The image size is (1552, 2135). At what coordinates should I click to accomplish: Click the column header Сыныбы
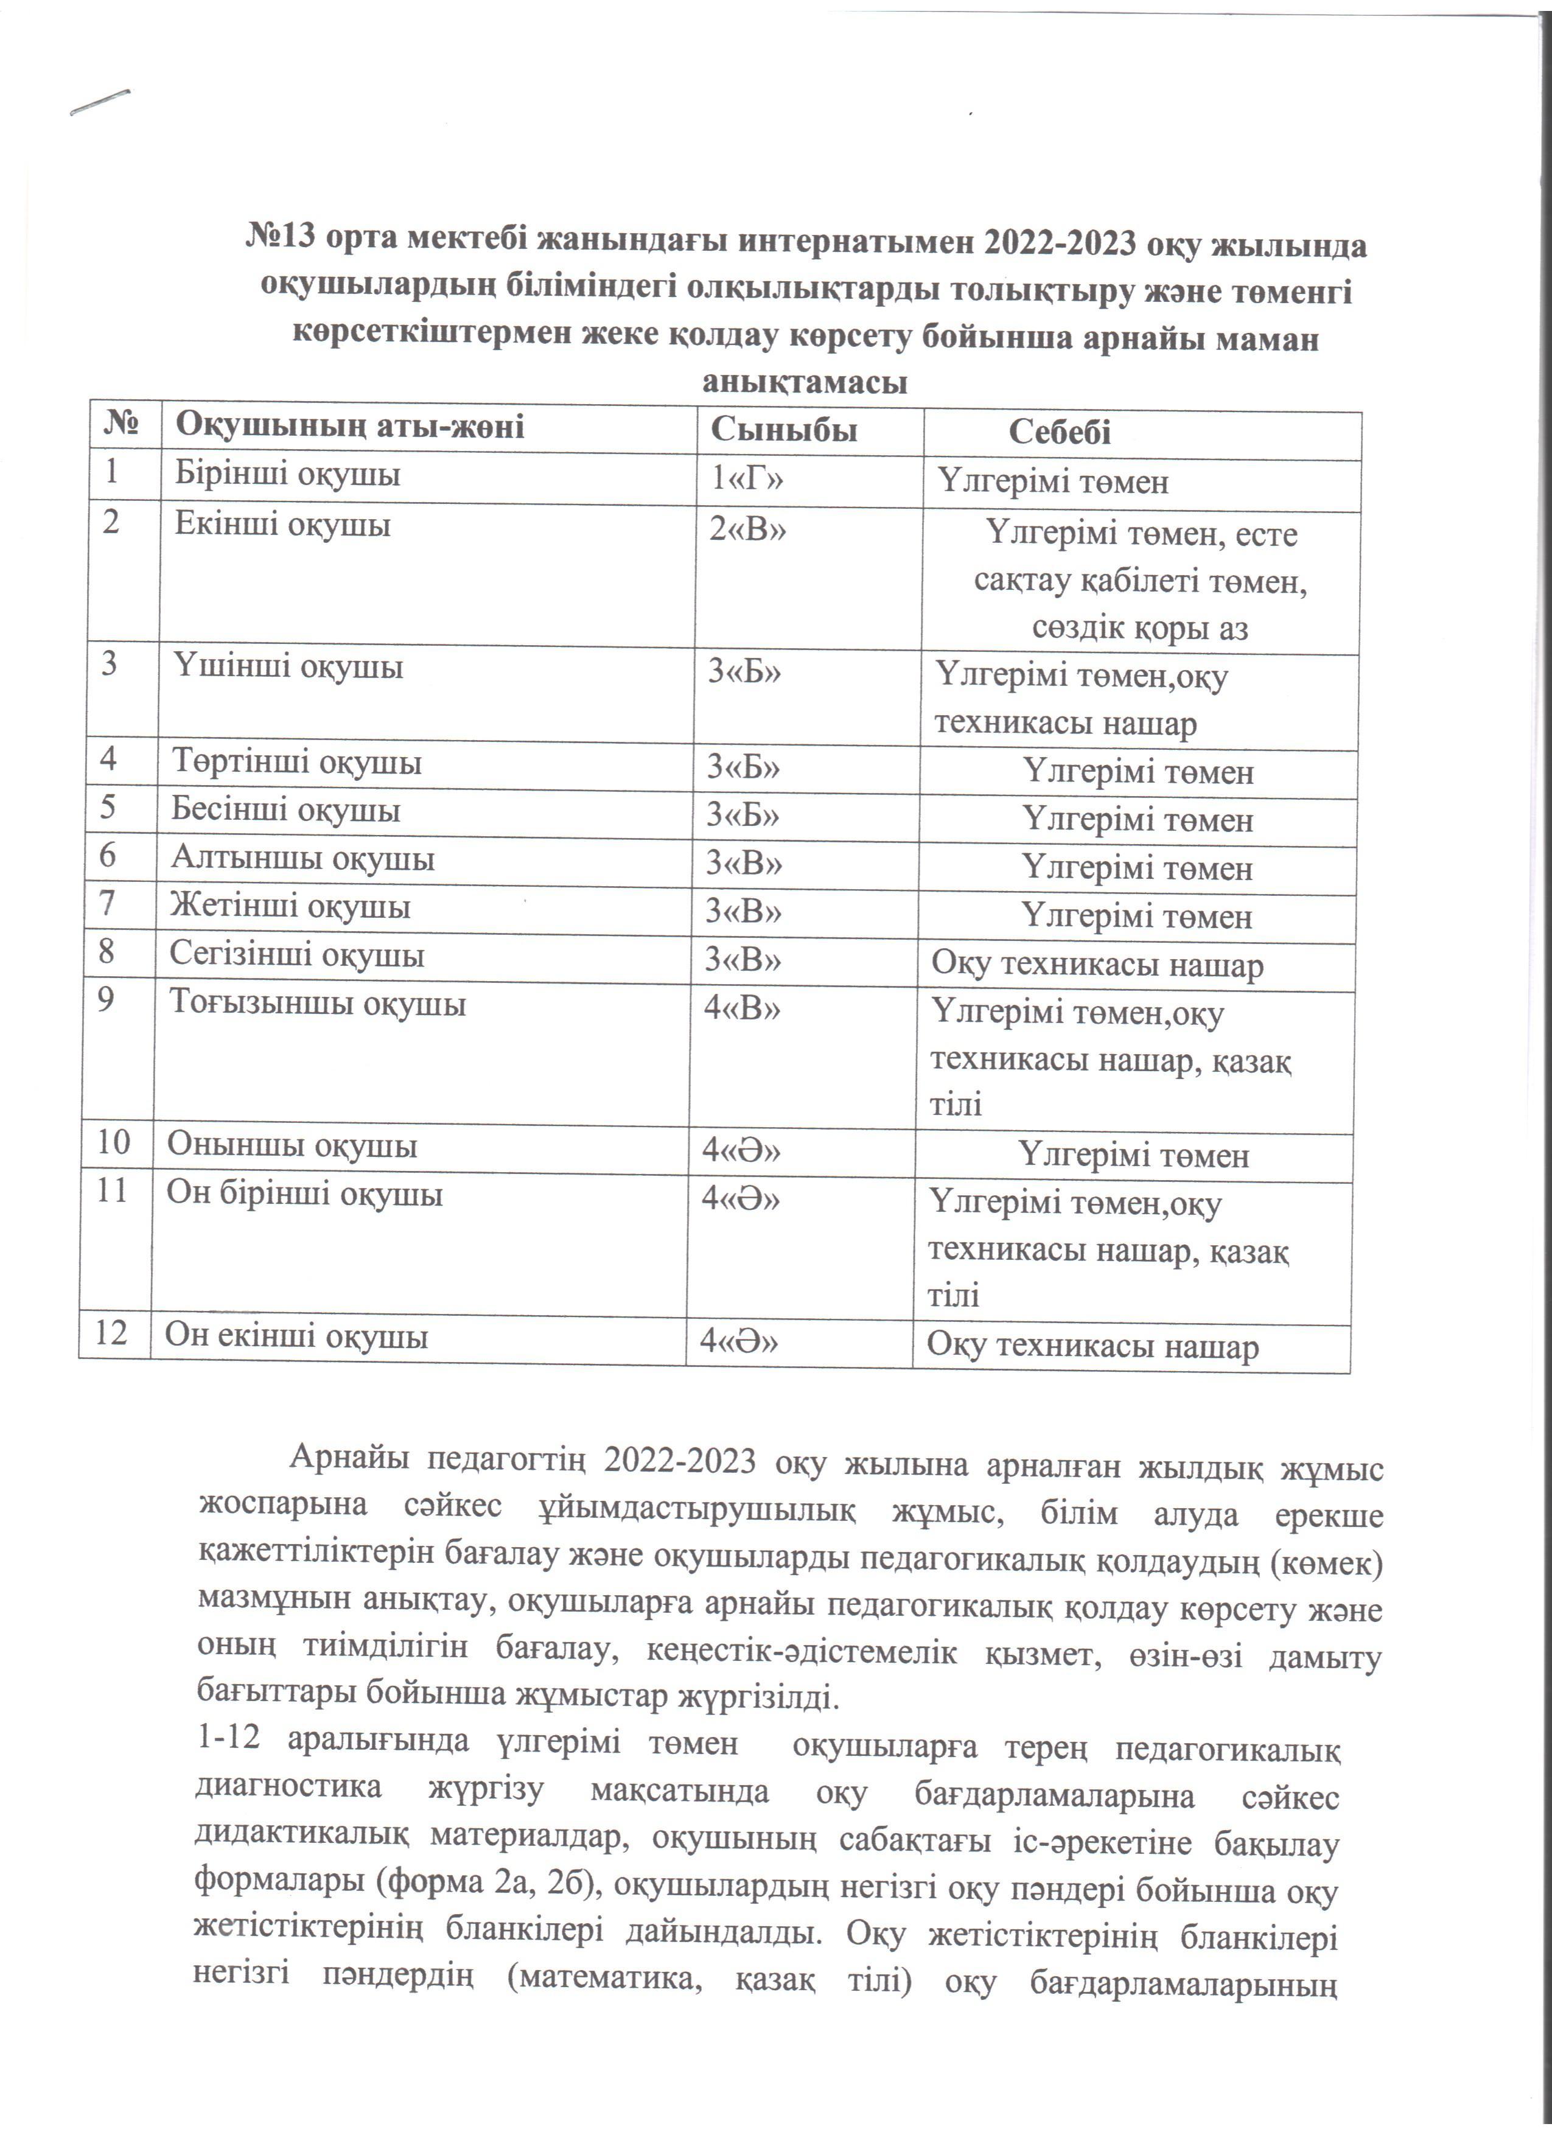click(x=783, y=430)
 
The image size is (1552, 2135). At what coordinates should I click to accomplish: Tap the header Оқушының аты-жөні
click(x=350, y=427)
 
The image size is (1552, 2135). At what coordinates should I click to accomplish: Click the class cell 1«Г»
click(x=747, y=480)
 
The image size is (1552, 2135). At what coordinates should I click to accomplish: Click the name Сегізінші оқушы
click(x=298, y=956)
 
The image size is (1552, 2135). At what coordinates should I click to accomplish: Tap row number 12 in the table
click(x=111, y=1333)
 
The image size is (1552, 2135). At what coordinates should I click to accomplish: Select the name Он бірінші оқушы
click(x=305, y=1195)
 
